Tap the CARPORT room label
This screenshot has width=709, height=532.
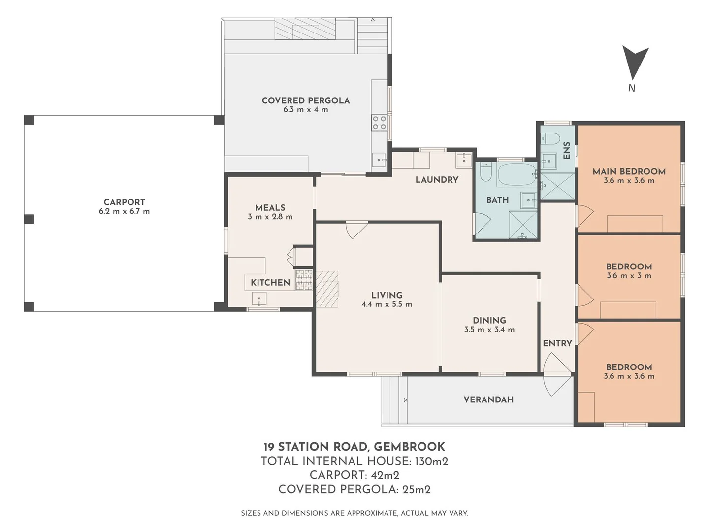coord(125,202)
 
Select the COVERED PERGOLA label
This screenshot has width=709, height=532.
coord(306,100)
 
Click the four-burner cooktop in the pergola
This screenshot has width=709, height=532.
coord(379,123)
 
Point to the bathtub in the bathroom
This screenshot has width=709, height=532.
coord(517,174)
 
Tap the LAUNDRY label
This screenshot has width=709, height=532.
coord(437,180)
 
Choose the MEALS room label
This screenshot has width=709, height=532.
coord(270,208)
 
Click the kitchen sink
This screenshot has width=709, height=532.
coord(259,299)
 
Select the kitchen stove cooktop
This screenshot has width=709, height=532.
coord(304,280)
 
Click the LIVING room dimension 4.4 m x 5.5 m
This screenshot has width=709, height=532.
coord(387,304)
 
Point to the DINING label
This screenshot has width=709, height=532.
coord(489,320)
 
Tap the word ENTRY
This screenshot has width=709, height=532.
coord(557,343)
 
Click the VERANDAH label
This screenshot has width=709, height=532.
coord(488,400)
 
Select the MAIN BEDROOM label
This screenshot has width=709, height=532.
coord(629,171)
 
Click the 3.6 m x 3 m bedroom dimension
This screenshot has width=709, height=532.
coord(629,276)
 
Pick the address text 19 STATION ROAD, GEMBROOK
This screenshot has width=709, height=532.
coord(354,447)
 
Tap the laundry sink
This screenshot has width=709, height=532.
coord(464,160)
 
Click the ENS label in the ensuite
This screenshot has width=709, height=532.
coord(567,151)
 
